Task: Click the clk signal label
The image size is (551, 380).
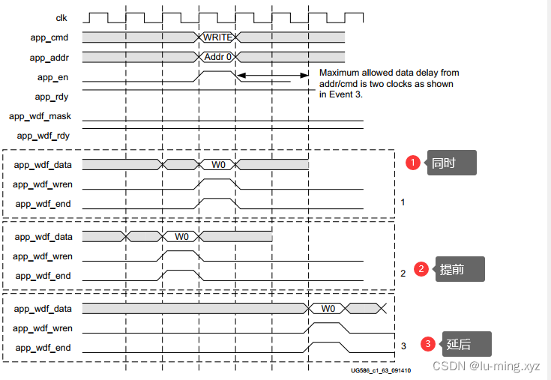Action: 63,17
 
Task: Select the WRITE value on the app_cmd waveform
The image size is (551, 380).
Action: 217,37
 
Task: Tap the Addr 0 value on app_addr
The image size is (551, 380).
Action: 218,56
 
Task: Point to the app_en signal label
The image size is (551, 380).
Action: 54,76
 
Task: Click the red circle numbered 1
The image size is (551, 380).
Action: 412,162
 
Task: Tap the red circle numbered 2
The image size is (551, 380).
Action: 421,269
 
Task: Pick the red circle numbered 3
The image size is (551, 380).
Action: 428,344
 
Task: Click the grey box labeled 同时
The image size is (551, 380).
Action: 451,163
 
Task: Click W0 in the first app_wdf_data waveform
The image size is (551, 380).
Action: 217,165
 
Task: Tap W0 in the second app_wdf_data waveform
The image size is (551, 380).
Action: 181,236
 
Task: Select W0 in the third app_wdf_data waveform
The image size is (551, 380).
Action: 328,308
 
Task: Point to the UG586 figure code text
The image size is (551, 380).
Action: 380,370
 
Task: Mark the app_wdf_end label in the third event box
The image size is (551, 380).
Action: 43,347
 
